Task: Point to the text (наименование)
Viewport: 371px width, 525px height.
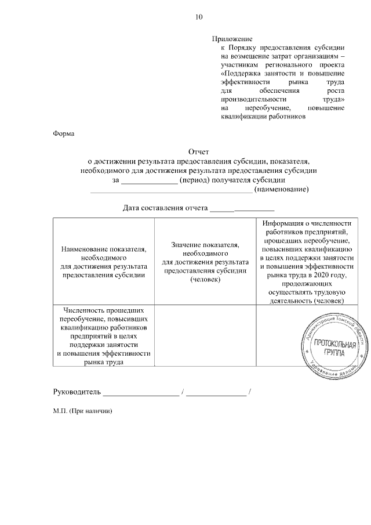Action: tap(281, 190)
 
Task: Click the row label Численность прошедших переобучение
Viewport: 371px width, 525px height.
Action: tap(104, 335)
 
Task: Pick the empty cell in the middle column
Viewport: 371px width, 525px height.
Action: tap(206, 335)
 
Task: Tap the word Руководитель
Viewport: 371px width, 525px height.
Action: tap(77, 393)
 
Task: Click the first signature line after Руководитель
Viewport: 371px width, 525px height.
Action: tap(141, 394)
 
